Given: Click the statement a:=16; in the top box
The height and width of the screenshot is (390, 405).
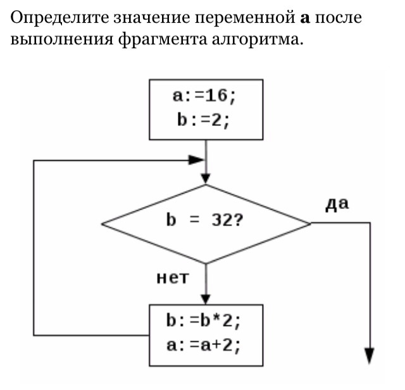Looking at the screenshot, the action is tap(204, 97).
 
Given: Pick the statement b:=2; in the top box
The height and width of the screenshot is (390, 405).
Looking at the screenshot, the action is tap(204, 121).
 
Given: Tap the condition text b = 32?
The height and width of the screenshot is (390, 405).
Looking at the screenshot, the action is tap(204, 220).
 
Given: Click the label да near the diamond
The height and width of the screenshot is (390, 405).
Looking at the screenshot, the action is tap(337, 204).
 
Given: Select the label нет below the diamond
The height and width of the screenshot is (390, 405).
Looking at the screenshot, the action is tap(173, 278).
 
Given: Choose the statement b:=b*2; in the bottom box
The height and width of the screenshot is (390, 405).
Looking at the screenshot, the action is tap(204, 321).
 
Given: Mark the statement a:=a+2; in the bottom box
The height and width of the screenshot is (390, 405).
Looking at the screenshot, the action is tap(204, 345).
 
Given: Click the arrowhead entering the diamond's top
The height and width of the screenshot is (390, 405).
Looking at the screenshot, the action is tap(206, 179).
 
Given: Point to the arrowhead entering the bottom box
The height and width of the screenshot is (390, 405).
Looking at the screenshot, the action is tap(206, 299).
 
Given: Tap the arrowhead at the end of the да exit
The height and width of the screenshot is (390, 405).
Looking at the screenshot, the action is tap(370, 356).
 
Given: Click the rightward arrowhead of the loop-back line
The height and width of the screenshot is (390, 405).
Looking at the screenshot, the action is tap(197, 160).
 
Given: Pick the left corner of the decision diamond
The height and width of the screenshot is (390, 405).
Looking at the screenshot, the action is tap(101, 224).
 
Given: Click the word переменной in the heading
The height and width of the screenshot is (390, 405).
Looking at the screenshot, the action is tap(246, 18).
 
